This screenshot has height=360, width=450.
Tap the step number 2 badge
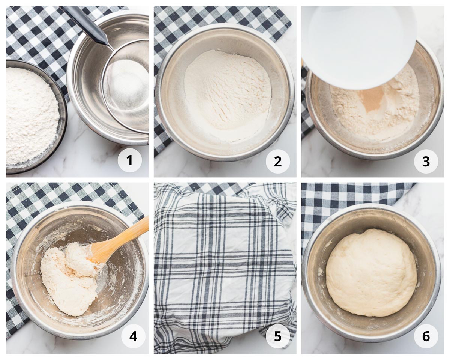277,161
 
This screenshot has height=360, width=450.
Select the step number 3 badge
426,161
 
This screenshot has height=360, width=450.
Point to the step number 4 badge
133,336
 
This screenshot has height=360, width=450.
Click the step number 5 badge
277,336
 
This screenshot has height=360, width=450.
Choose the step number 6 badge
426,336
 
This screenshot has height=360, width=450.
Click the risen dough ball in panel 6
371,272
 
